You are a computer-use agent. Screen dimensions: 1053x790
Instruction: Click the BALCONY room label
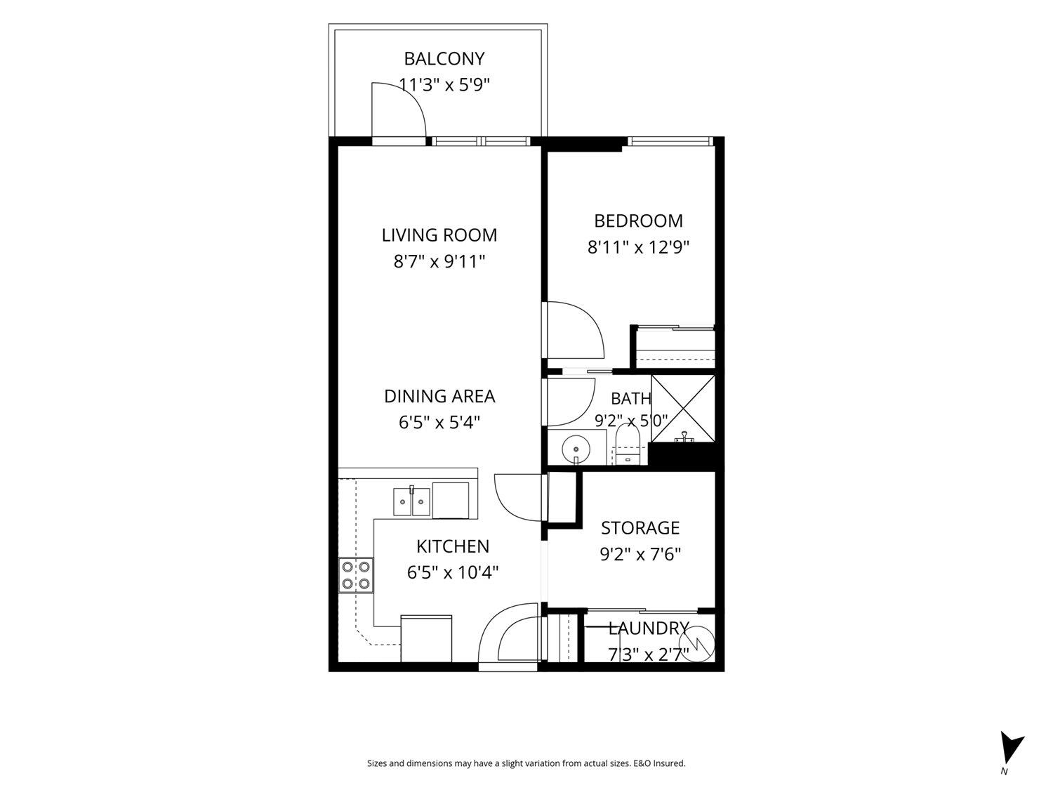click(x=444, y=58)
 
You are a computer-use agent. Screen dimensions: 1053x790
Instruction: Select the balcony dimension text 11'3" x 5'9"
click(x=444, y=85)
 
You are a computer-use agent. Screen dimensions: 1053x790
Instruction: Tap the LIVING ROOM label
click(x=439, y=235)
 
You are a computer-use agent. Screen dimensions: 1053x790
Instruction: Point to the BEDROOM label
click(x=638, y=220)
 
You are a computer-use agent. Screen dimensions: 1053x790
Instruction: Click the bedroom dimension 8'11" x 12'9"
click(x=638, y=247)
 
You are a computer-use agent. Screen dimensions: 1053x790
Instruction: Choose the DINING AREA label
click(x=439, y=396)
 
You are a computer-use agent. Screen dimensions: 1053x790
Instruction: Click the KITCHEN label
click(x=452, y=546)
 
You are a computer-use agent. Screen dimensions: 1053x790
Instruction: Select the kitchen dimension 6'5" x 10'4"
click(x=452, y=573)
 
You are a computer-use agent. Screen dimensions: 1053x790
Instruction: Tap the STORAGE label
click(x=640, y=528)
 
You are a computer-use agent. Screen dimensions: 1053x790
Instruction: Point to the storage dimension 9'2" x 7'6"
click(x=640, y=555)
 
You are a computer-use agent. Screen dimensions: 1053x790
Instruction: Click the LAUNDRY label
click(x=649, y=628)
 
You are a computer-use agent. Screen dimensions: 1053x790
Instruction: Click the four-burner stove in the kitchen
click(x=356, y=575)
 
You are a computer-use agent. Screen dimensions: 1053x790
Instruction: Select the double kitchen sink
click(x=411, y=501)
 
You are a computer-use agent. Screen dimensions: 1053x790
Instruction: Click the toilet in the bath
click(x=628, y=445)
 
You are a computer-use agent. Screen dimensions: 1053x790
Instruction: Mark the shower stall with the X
click(x=682, y=409)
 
